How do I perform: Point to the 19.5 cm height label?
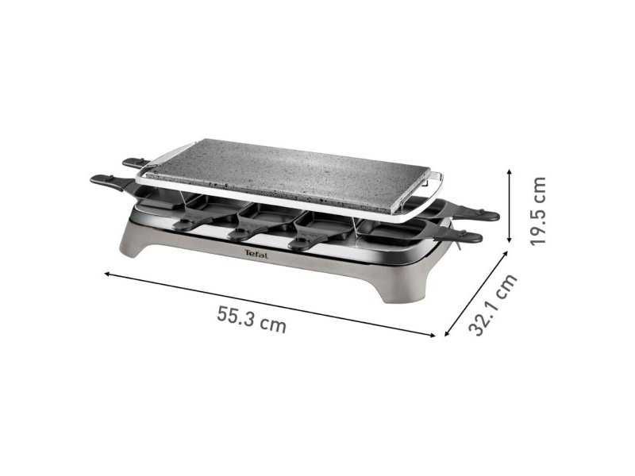539,211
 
